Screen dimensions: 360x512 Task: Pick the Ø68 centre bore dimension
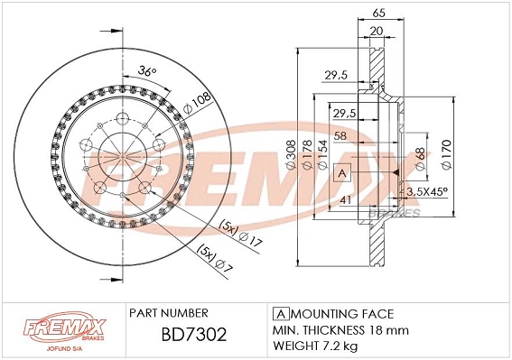coord(418,160)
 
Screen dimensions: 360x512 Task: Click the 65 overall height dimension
coord(378,14)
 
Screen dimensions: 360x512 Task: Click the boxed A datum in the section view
coord(342,172)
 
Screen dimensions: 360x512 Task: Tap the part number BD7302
coord(187,336)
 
